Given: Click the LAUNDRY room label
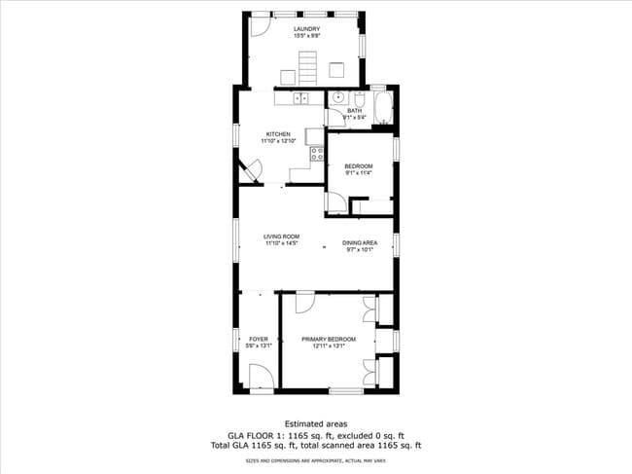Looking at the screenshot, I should coord(307,29).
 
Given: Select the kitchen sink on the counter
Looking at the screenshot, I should coord(300,97).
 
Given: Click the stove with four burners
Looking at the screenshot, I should coord(316,153).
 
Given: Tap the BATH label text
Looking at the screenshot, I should coord(355,111).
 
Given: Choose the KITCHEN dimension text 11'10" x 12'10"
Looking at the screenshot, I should coord(279,142).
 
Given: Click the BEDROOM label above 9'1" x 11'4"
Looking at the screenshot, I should coord(359,166).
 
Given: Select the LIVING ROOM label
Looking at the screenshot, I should coord(282,236).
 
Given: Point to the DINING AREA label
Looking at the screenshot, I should coord(360,242).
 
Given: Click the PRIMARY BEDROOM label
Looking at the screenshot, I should coord(328,339).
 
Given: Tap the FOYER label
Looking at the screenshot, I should coord(258,339).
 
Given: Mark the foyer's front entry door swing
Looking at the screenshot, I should coord(260,377).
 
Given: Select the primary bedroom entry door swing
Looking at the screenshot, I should coord(304,302).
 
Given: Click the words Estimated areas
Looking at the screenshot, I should coord(316,424).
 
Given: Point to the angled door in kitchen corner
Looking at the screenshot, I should coord(250,170).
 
